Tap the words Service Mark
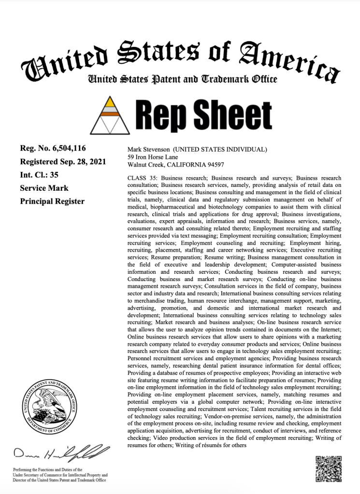[44, 188]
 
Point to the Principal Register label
[52, 201]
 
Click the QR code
[329, 468]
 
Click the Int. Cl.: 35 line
[39, 175]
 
